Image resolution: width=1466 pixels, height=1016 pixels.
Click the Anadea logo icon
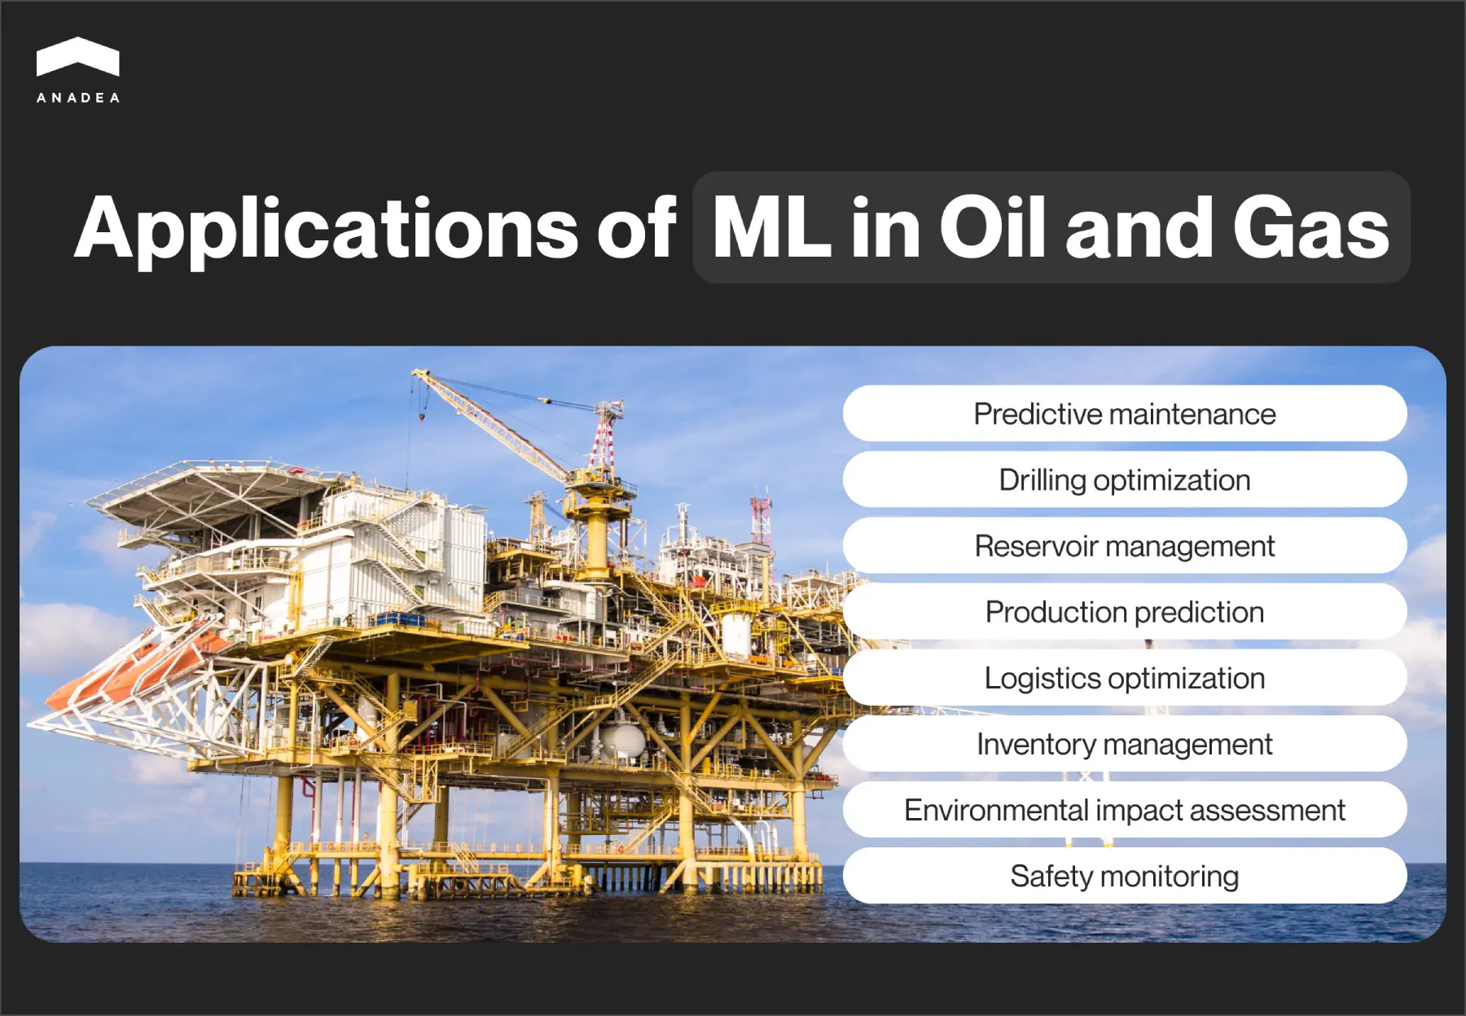click(78, 57)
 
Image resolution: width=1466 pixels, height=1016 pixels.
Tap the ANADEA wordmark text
click(78, 98)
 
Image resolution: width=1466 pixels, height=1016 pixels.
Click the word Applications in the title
click(326, 230)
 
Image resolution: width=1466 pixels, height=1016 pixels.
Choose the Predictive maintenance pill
click(1124, 414)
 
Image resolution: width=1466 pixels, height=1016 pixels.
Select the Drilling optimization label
click(1124, 480)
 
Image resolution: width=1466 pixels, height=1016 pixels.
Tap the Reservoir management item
click(1124, 546)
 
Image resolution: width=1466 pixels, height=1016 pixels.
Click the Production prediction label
click(1124, 612)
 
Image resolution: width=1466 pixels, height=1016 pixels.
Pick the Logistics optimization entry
click(1124, 678)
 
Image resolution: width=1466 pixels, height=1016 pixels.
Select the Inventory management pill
click(1124, 744)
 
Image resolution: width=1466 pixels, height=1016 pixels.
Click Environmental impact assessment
click(1124, 810)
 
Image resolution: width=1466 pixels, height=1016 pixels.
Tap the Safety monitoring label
click(1124, 876)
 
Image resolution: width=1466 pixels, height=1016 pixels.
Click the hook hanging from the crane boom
click(422, 416)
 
